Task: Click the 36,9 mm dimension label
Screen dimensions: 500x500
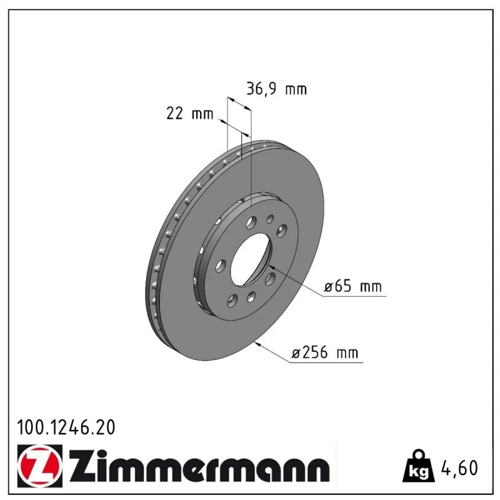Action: (276, 89)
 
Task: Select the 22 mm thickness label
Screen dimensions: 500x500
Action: (189, 114)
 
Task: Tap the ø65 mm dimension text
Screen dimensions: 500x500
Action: (352, 286)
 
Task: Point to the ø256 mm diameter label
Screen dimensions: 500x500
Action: (324, 352)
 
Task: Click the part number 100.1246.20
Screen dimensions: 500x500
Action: (66, 427)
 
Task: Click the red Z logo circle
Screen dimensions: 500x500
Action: (40, 466)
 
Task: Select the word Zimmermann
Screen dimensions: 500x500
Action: (199, 466)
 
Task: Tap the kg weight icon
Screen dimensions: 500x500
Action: (419, 466)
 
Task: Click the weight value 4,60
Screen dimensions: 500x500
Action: (459, 467)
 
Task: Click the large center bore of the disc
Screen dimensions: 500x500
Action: (251, 259)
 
